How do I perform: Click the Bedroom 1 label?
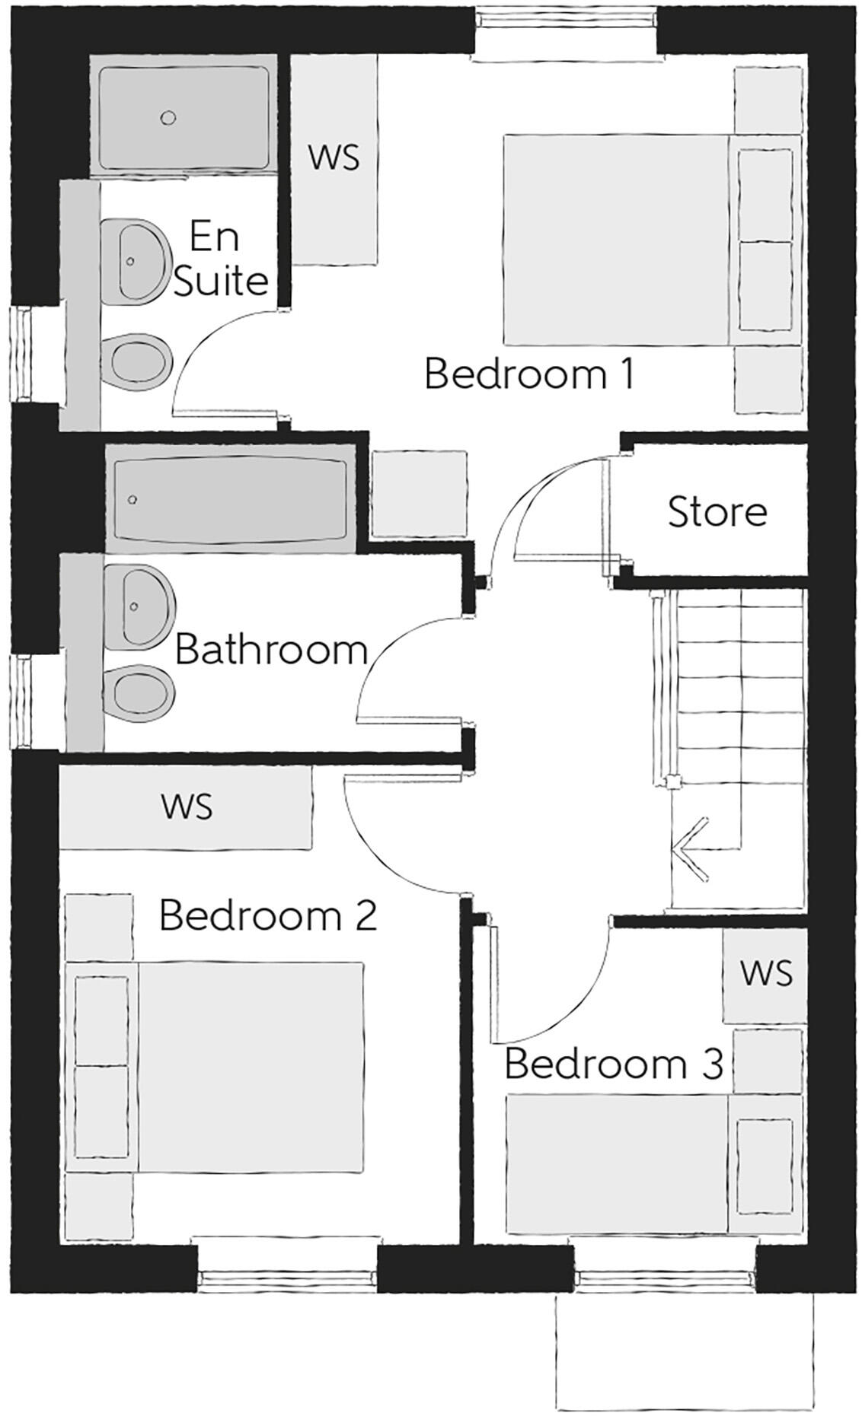(x=528, y=375)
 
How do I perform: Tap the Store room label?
(x=717, y=512)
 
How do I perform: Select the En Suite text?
(x=221, y=259)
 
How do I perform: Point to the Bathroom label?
(x=271, y=651)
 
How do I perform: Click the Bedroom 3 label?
(x=613, y=1064)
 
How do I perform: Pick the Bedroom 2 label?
(x=268, y=915)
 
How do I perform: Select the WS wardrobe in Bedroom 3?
(x=765, y=973)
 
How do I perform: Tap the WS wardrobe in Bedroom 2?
(x=187, y=807)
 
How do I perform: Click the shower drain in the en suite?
(x=168, y=118)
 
